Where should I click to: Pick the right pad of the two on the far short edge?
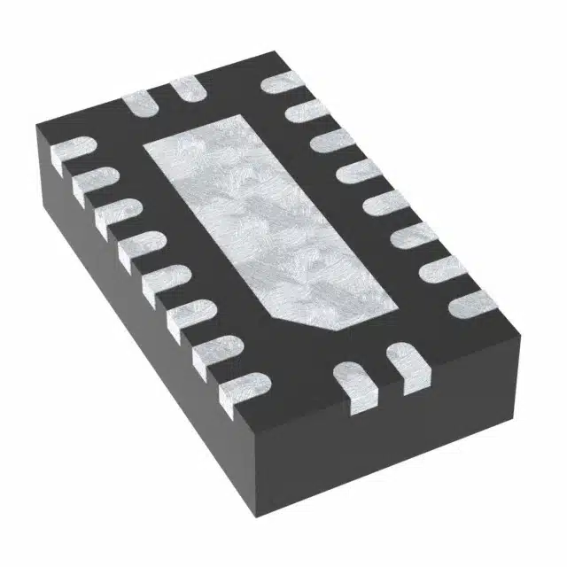pos(186,89)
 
